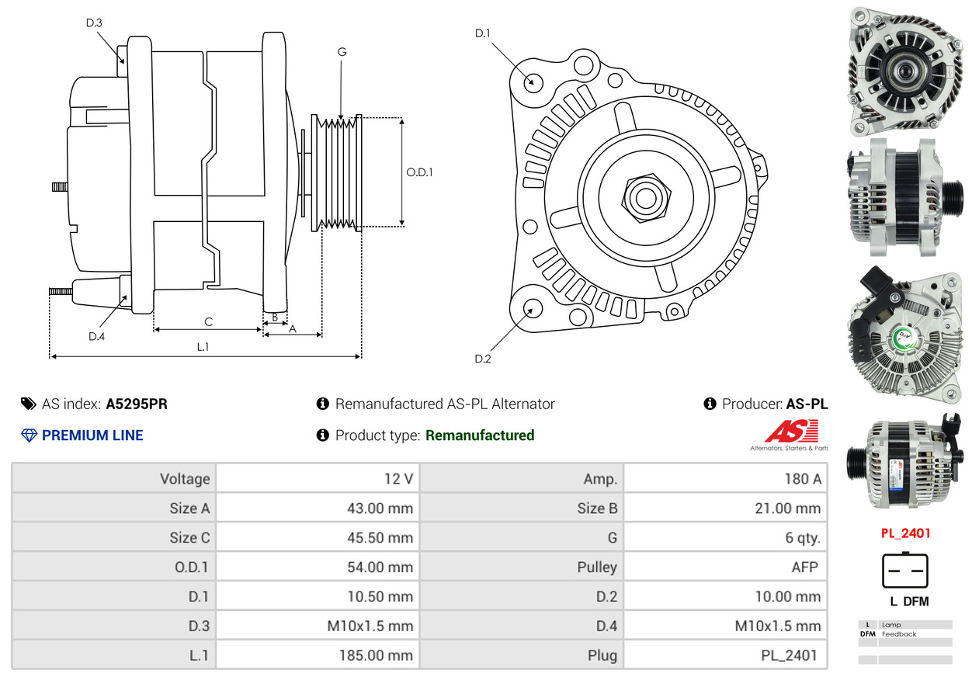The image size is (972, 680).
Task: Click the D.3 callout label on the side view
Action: tap(94, 23)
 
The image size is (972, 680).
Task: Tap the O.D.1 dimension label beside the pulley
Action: tap(419, 172)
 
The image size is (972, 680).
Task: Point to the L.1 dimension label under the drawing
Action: tap(203, 347)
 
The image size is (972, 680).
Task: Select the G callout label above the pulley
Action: tap(342, 52)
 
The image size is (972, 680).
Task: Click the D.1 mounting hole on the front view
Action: tap(533, 81)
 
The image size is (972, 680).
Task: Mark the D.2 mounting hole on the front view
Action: tap(532, 308)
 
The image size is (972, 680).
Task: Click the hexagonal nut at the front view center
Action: tap(644, 196)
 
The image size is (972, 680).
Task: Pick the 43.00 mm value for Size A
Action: tap(380, 508)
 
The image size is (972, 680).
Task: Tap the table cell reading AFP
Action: tap(804, 567)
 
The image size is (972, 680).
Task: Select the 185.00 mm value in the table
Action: tap(375, 655)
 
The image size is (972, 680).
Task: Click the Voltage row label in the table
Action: tap(185, 479)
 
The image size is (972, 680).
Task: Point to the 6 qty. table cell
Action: tap(802, 537)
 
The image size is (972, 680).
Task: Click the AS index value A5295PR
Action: tap(137, 404)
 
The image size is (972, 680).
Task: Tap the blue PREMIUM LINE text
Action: tap(92, 435)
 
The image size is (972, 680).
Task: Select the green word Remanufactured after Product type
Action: tap(480, 435)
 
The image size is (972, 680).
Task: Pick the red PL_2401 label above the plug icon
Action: tap(905, 533)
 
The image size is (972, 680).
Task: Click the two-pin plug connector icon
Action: tap(904, 571)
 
